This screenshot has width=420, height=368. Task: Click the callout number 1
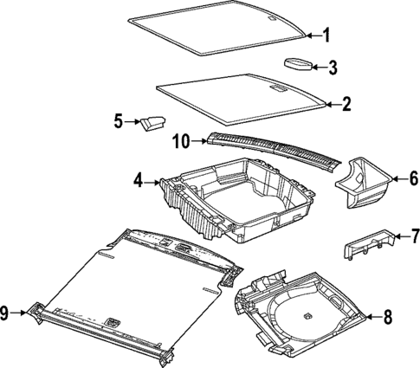coord(326,36)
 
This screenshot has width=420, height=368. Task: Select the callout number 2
coord(346,106)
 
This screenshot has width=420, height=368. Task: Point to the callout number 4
coord(138,181)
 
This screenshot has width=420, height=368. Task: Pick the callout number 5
coord(120,122)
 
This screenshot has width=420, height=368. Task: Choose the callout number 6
coord(414,179)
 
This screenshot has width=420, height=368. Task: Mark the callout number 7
coord(414,236)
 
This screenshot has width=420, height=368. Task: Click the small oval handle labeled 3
coord(300,63)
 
